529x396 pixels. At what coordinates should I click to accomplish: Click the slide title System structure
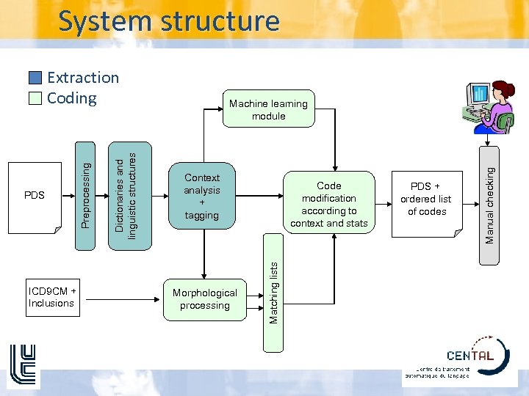[169, 21]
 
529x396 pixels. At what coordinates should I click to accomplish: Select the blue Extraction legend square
[36, 78]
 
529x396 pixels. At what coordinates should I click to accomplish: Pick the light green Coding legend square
[36, 98]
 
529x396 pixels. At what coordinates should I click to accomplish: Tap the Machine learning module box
[268, 110]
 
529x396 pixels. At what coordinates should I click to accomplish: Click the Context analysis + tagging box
[202, 197]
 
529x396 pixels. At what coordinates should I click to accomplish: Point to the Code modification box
[328, 204]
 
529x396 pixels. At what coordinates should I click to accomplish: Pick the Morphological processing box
[204, 299]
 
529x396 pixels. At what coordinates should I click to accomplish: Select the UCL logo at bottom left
[21, 364]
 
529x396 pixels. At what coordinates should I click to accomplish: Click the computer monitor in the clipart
[478, 94]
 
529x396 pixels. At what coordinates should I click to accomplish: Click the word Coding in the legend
[71, 98]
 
